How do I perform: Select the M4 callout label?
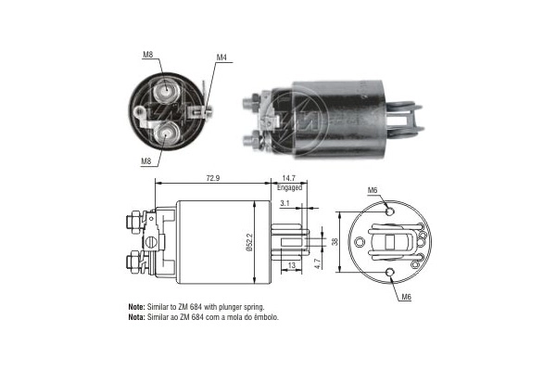pos(221,58)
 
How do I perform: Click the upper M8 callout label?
pos(147,55)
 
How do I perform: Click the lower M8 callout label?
pos(146,162)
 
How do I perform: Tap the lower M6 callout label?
pos(405,297)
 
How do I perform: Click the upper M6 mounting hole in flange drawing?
pos(389,211)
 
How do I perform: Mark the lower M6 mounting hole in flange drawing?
pos(389,273)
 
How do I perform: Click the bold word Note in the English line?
pos(136,306)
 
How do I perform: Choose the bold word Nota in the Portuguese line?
pos(136,317)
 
